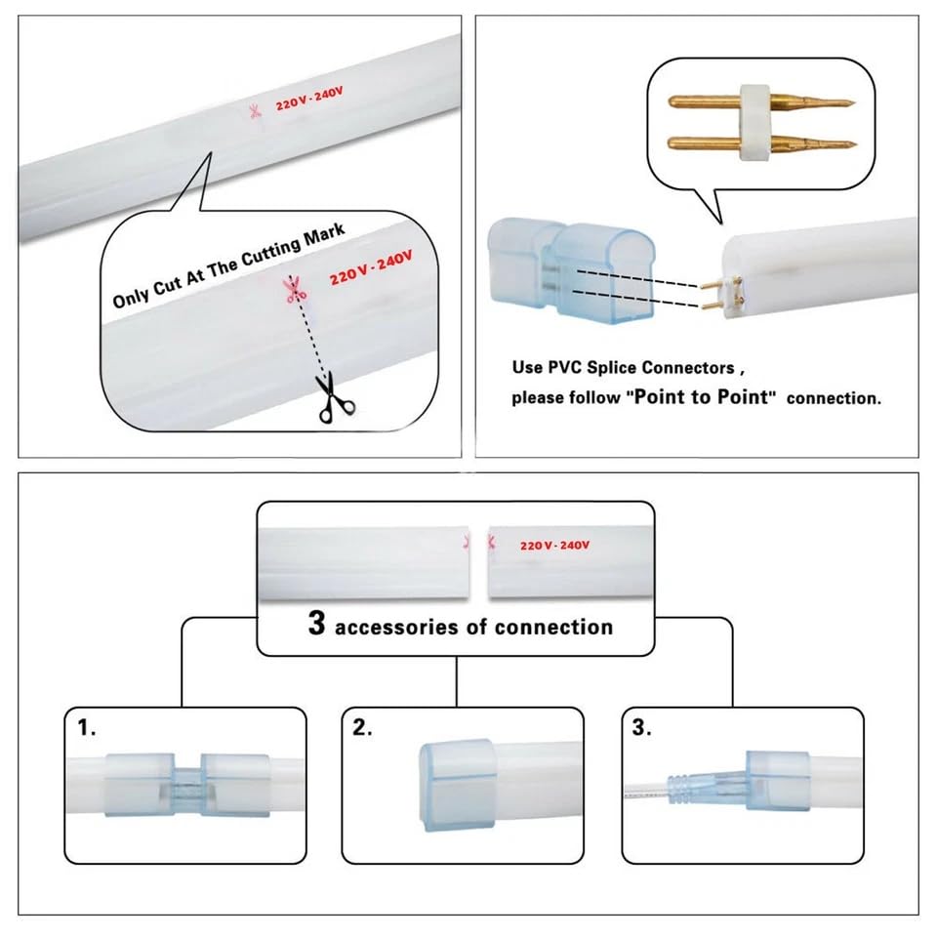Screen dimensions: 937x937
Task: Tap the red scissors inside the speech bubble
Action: [x=290, y=288]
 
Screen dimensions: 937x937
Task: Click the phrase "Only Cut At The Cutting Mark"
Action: [x=228, y=267]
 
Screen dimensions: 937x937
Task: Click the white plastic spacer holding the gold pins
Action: [x=754, y=121]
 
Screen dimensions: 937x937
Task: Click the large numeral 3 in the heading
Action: [x=316, y=624]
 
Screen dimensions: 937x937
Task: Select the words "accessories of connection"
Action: [x=473, y=627]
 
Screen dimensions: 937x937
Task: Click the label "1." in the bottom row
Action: [x=88, y=728]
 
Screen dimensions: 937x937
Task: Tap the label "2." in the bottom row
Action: [x=364, y=728]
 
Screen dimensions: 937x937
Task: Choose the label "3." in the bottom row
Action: [x=642, y=728]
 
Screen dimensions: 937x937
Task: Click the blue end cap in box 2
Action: [x=456, y=784]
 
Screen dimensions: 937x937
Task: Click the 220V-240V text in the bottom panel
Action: [x=554, y=545]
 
